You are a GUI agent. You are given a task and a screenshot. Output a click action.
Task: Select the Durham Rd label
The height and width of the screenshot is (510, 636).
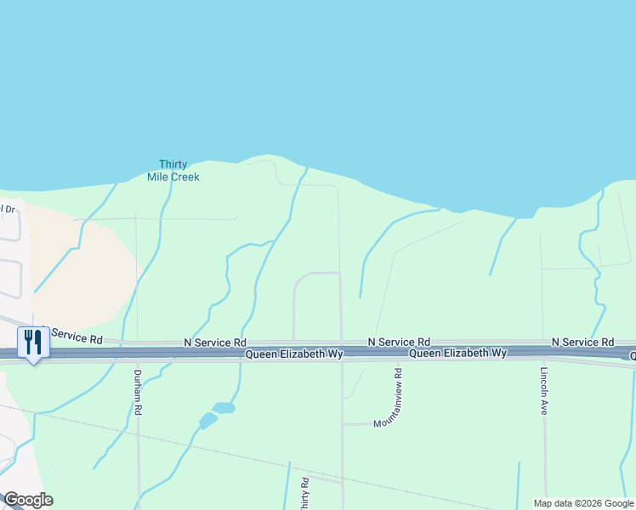pyautogui.click(x=138, y=392)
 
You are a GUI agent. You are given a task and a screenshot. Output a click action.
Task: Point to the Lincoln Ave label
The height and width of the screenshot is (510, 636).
pyautogui.click(x=543, y=391)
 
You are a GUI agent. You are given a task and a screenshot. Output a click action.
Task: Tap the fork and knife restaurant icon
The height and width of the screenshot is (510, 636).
pyautogui.click(x=33, y=342)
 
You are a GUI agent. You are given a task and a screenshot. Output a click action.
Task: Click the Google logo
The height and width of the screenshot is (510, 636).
pyautogui.click(x=28, y=500)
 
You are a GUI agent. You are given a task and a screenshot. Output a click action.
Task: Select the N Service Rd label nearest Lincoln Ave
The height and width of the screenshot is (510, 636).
pyautogui.click(x=582, y=342)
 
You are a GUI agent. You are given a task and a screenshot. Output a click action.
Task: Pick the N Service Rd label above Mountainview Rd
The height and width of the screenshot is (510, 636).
pyautogui.click(x=399, y=341)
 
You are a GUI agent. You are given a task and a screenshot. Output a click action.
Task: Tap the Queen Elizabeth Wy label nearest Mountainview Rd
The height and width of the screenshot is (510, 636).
pyautogui.click(x=457, y=353)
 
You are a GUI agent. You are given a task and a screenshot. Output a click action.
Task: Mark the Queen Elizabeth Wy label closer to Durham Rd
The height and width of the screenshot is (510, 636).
pyautogui.click(x=294, y=354)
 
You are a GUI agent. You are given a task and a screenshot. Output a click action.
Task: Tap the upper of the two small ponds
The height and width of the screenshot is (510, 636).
pyautogui.click(x=224, y=408)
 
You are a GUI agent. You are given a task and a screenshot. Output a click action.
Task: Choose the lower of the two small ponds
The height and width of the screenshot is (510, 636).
pyautogui.click(x=207, y=420)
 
